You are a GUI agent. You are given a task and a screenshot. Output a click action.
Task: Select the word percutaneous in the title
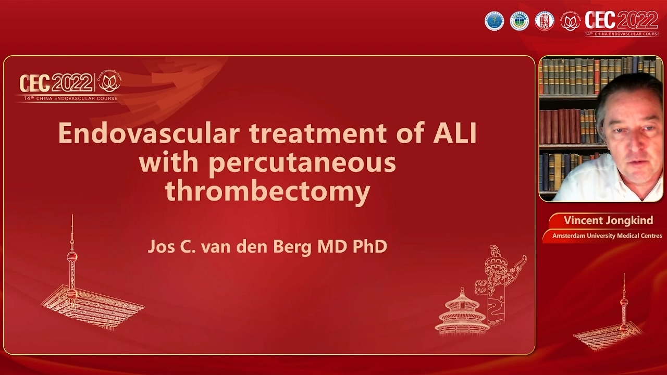(302, 163)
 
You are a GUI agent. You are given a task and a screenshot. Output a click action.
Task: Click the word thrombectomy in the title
(267, 192)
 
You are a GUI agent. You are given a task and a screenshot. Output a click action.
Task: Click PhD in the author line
(369, 246)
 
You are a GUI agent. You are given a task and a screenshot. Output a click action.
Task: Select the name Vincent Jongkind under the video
(608, 220)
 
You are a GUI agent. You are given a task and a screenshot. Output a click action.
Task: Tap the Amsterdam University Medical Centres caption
(607, 236)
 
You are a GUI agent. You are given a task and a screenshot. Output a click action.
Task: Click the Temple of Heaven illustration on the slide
(461, 312)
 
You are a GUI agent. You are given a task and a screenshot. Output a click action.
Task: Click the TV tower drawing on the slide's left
(72, 260)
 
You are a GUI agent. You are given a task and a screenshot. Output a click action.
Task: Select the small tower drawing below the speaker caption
(623, 312)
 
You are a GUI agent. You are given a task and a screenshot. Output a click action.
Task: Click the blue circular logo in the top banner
(495, 21)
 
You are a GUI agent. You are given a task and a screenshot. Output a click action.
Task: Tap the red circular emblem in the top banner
(545, 21)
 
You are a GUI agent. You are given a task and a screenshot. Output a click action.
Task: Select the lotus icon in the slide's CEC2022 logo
(109, 83)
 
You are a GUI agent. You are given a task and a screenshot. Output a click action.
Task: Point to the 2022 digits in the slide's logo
(72, 83)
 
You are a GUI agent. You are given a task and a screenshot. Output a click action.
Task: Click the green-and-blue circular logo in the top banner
(520, 21)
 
